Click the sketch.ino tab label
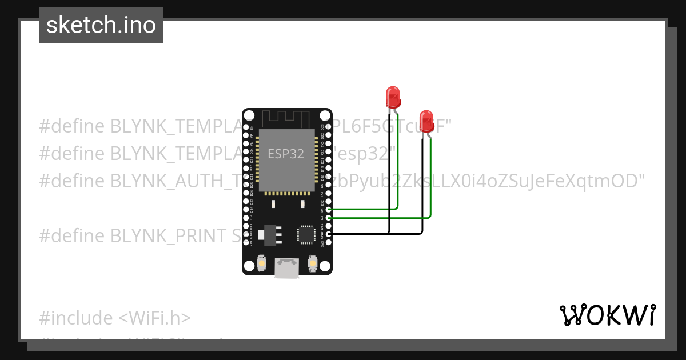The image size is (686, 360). click(101, 25)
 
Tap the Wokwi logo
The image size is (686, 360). click(607, 315)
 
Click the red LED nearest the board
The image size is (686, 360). click(393, 97)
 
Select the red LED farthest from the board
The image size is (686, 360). click(426, 121)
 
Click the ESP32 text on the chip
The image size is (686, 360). click(286, 154)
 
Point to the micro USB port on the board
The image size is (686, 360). click(286, 267)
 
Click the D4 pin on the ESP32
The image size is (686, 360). click(328, 210)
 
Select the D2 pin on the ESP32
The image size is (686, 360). click(328, 218)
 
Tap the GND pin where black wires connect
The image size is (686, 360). click(328, 233)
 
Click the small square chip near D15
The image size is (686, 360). click(305, 235)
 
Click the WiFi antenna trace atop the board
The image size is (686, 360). click(286, 119)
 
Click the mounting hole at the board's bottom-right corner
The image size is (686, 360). click(325, 266)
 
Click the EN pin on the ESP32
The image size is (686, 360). click(246, 127)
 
